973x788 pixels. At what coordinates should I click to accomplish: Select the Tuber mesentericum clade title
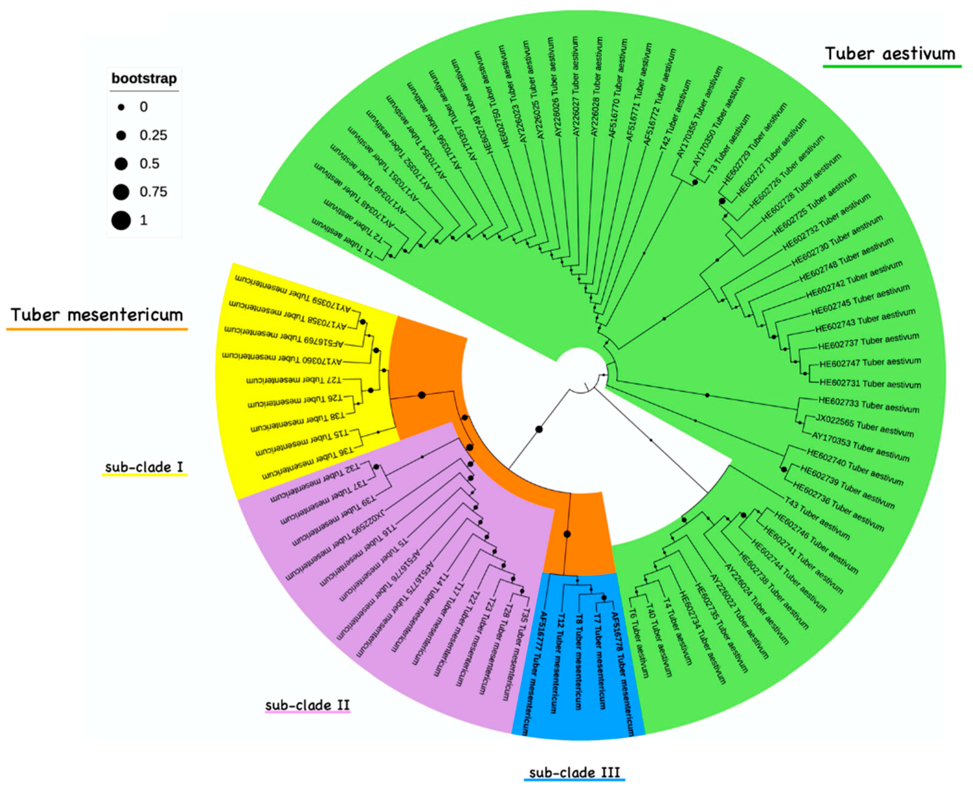(x=97, y=315)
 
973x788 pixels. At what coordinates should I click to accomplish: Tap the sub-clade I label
(x=144, y=467)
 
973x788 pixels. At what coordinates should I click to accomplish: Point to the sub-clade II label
(x=308, y=705)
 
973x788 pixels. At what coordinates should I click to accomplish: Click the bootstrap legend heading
(x=144, y=79)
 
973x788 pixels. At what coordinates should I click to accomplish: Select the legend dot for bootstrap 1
(x=121, y=221)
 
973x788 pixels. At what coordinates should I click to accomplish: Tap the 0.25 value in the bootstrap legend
(x=153, y=135)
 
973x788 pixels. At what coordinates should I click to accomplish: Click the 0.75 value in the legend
(x=153, y=192)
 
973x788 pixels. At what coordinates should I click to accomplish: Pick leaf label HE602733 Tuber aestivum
(x=869, y=405)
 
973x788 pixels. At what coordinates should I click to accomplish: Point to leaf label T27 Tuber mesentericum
(x=293, y=380)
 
